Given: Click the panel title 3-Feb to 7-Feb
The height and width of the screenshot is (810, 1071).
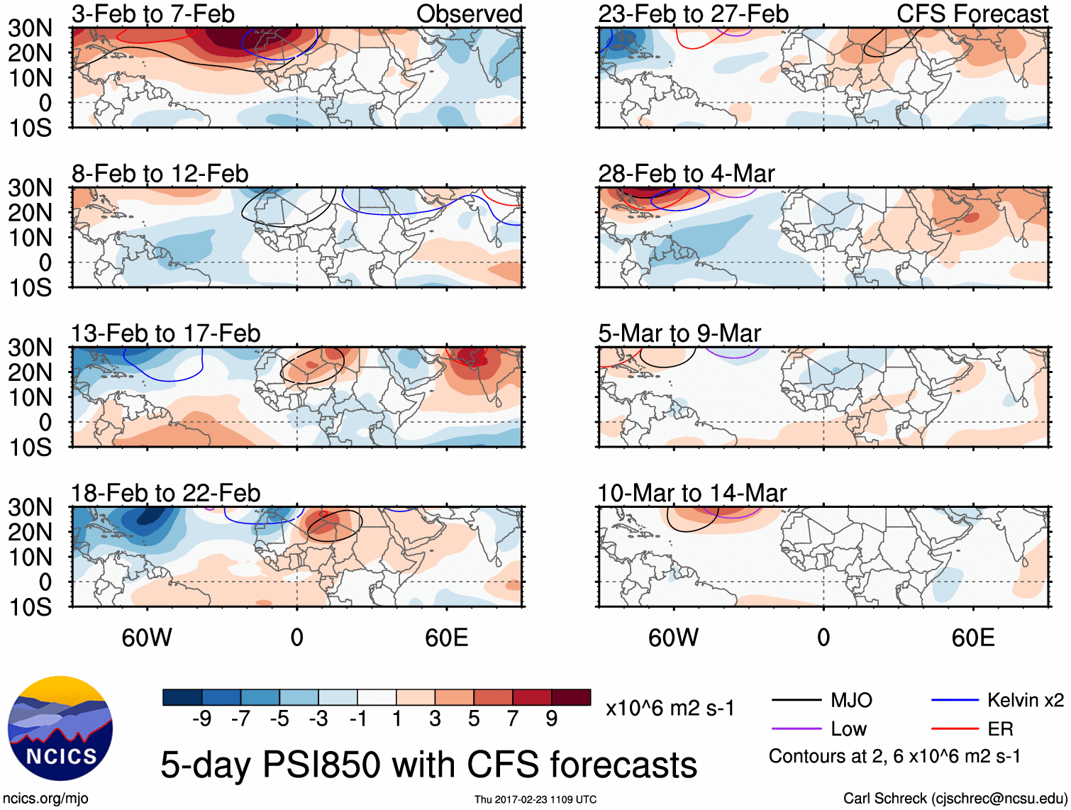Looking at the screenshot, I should (152, 13).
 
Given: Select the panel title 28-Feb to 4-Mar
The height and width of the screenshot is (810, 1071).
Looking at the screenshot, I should (686, 173).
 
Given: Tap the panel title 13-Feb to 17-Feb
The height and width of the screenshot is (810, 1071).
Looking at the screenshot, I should (165, 333).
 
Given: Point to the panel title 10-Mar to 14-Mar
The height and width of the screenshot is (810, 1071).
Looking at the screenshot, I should (692, 492).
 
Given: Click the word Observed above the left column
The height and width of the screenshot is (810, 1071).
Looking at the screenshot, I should (469, 13).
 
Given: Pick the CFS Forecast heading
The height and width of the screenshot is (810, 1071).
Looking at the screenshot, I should (972, 13).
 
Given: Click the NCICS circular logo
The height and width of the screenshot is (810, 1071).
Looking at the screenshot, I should (60, 728).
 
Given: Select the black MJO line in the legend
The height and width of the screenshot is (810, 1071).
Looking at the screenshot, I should (797, 701).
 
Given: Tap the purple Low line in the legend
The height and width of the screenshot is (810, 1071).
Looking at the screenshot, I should (797, 729).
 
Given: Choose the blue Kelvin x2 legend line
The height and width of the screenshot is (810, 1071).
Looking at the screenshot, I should (955, 701).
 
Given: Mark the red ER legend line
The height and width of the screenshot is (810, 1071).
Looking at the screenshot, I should (955, 729).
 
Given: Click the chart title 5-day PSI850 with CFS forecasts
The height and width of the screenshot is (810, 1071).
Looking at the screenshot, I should (428, 765).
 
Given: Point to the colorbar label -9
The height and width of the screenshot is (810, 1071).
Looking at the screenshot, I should (202, 719).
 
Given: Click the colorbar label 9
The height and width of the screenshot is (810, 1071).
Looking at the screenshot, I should (551, 719).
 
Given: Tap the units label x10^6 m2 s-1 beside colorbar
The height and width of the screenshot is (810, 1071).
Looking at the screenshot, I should (670, 708).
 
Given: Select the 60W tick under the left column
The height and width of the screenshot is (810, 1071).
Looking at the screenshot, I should (147, 638).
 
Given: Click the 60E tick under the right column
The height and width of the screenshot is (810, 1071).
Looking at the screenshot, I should (972, 638).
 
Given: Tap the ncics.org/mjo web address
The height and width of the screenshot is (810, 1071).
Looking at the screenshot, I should (45, 798).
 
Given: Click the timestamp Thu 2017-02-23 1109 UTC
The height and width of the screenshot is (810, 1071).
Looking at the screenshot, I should (535, 799).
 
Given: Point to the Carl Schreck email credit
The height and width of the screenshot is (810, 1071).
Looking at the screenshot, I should (955, 798).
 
